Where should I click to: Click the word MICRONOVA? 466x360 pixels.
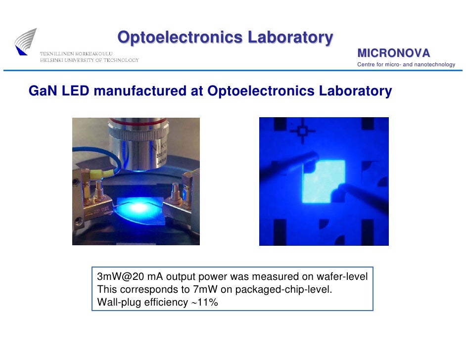[393, 53]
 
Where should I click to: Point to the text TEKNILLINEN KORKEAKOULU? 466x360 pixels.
[76, 53]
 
